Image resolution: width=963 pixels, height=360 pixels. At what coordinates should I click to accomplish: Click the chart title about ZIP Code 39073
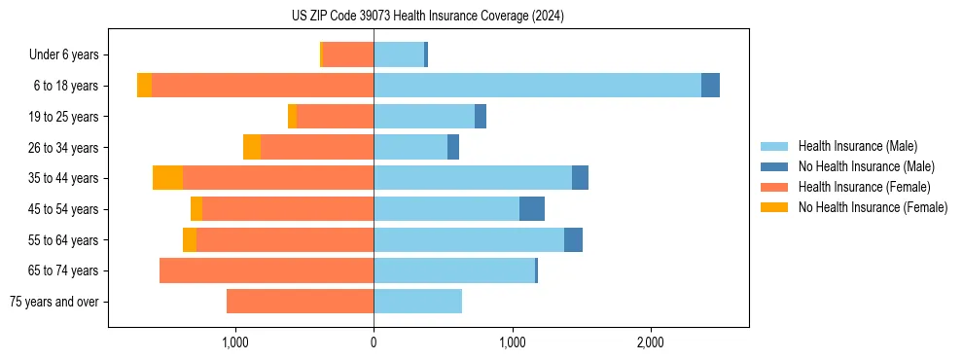click(427, 17)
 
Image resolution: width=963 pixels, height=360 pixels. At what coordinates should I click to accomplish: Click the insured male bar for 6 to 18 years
click(537, 86)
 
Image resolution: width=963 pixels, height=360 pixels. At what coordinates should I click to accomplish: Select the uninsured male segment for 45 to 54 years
click(532, 209)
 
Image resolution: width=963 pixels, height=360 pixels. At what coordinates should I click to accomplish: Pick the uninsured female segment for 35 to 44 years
click(167, 178)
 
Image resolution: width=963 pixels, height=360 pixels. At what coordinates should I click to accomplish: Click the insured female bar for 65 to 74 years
click(267, 270)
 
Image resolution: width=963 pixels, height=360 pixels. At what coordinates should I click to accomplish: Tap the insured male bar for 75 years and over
click(417, 302)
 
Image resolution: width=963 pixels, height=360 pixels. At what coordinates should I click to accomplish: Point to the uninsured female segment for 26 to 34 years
click(252, 147)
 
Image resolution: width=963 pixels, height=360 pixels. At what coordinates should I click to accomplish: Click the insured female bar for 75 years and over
click(300, 302)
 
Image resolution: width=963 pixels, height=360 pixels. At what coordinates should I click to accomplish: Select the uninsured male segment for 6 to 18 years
click(710, 86)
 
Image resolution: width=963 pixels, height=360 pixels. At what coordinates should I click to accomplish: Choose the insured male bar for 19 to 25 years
click(424, 117)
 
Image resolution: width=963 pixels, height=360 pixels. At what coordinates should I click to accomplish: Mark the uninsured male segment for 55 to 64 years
click(573, 240)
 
